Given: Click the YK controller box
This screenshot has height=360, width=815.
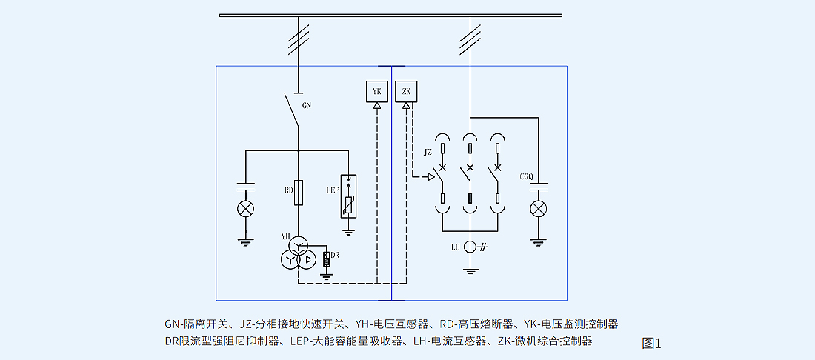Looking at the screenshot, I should (x=377, y=91).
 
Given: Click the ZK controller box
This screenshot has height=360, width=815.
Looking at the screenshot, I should (x=406, y=91).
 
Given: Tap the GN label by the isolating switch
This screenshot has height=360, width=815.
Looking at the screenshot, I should (x=306, y=106).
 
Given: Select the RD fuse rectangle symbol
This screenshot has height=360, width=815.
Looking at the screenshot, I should (x=298, y=192).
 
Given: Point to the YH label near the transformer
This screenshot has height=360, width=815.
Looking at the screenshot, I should (x=285, y=236).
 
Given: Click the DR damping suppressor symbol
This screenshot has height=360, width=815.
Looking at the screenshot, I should (x=326, y=259).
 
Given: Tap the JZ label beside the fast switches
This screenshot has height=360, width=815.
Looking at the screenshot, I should (x=428, y=152).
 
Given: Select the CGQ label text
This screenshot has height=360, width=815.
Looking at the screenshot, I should (x=527, y=176).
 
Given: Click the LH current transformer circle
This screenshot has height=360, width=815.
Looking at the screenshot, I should (x=470, y=247).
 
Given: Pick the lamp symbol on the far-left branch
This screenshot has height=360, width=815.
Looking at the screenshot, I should (x=245, y=209).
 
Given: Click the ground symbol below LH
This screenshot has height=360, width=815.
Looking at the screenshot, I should (x=470, y=271).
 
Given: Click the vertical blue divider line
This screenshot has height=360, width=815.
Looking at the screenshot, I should (x=391, y=185).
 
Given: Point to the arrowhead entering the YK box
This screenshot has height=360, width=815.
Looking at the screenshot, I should (x=377, y=107).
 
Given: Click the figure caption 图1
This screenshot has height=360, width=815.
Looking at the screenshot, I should (x=651, y=343).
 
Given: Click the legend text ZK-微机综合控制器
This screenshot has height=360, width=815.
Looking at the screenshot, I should (x=545, y=341).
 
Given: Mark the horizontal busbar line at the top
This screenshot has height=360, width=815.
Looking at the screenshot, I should (x=390, y=15).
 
